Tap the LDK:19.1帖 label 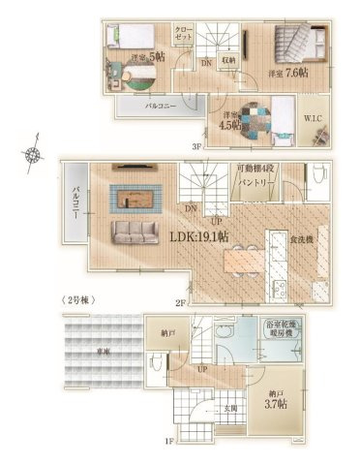[x=199, y=235]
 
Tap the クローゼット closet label [x=183, y=35]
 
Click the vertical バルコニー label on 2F [x=74, y=203]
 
